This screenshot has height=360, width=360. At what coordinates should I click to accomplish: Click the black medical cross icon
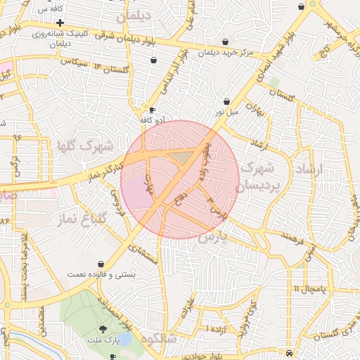coord(60,23)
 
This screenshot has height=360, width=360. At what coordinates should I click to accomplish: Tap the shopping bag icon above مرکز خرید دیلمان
coord(224,41)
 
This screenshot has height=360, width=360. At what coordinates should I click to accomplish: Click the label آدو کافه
coord(153,120)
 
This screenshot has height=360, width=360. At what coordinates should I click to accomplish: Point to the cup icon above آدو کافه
coord(153,110)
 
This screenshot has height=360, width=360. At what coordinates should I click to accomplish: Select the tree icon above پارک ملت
coord(103,329)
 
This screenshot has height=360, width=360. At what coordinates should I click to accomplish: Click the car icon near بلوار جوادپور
coord(113,356)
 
